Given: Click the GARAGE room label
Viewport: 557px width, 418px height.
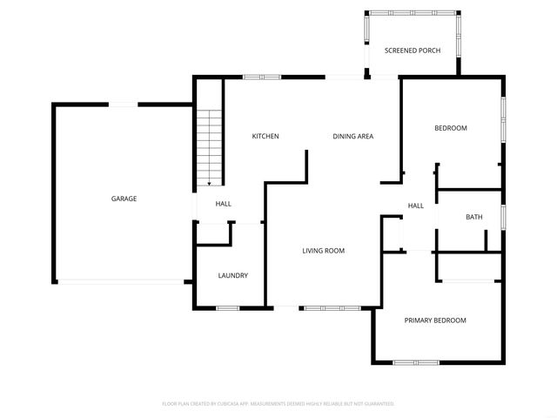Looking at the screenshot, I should [124, 199].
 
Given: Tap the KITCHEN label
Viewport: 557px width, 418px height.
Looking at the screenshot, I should [265, 136].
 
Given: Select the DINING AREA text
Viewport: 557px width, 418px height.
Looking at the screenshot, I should [353, 136].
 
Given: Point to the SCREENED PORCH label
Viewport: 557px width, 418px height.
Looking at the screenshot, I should [413, 51].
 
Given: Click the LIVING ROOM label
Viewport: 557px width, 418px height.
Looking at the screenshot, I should [324, 251].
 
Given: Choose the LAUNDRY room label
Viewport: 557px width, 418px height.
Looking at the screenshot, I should [233, 275].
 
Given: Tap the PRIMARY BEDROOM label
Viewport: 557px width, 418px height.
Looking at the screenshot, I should [435, 320].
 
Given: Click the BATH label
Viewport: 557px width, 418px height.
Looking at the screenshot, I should [473, 218].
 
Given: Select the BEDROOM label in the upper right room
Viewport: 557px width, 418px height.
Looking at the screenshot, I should [451, 128].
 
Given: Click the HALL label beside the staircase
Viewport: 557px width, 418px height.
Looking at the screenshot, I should [224, 204].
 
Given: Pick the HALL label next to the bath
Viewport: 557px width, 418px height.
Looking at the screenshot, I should [416, 206].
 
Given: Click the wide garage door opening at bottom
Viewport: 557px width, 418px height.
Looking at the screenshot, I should [120, 281].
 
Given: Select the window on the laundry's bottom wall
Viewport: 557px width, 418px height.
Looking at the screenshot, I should [228, 307].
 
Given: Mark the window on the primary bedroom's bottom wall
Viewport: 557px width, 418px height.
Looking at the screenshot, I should [415, 361].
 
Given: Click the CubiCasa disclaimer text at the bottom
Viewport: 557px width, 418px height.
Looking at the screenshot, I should [278, 403].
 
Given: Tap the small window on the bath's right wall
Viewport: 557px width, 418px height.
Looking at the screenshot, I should [503, 217].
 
